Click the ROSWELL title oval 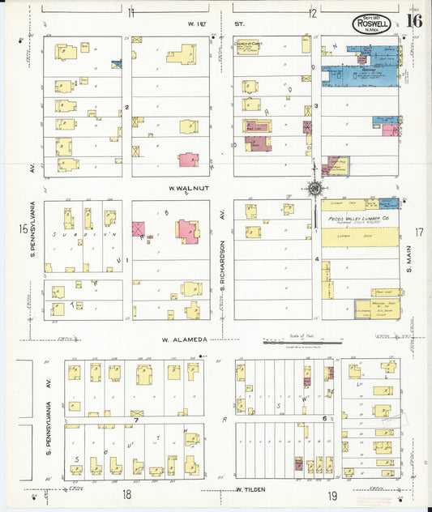pyautogui.click(x=372, y=23)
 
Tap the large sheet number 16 pyautogui.click(x=413, y=21)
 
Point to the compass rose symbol pyautogui.click(x=313, y=188)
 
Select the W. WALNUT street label pyautogui.click(x=185, y=189)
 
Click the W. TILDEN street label pyautogui.click(x=251, y=489)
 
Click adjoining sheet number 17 pyautogui.click(x=419, y=233)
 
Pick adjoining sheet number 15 pyautogui.click(x=24, y=230)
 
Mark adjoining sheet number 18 pyautogui.click(x=126, y=493)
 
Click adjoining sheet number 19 pyautogui.click(x=332, y=493)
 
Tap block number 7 pyautogui.click(x=137, y=420)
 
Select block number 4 pyautogui.click(x=317, y=260)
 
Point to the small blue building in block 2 pyautogui.click(x=116, y=63)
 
